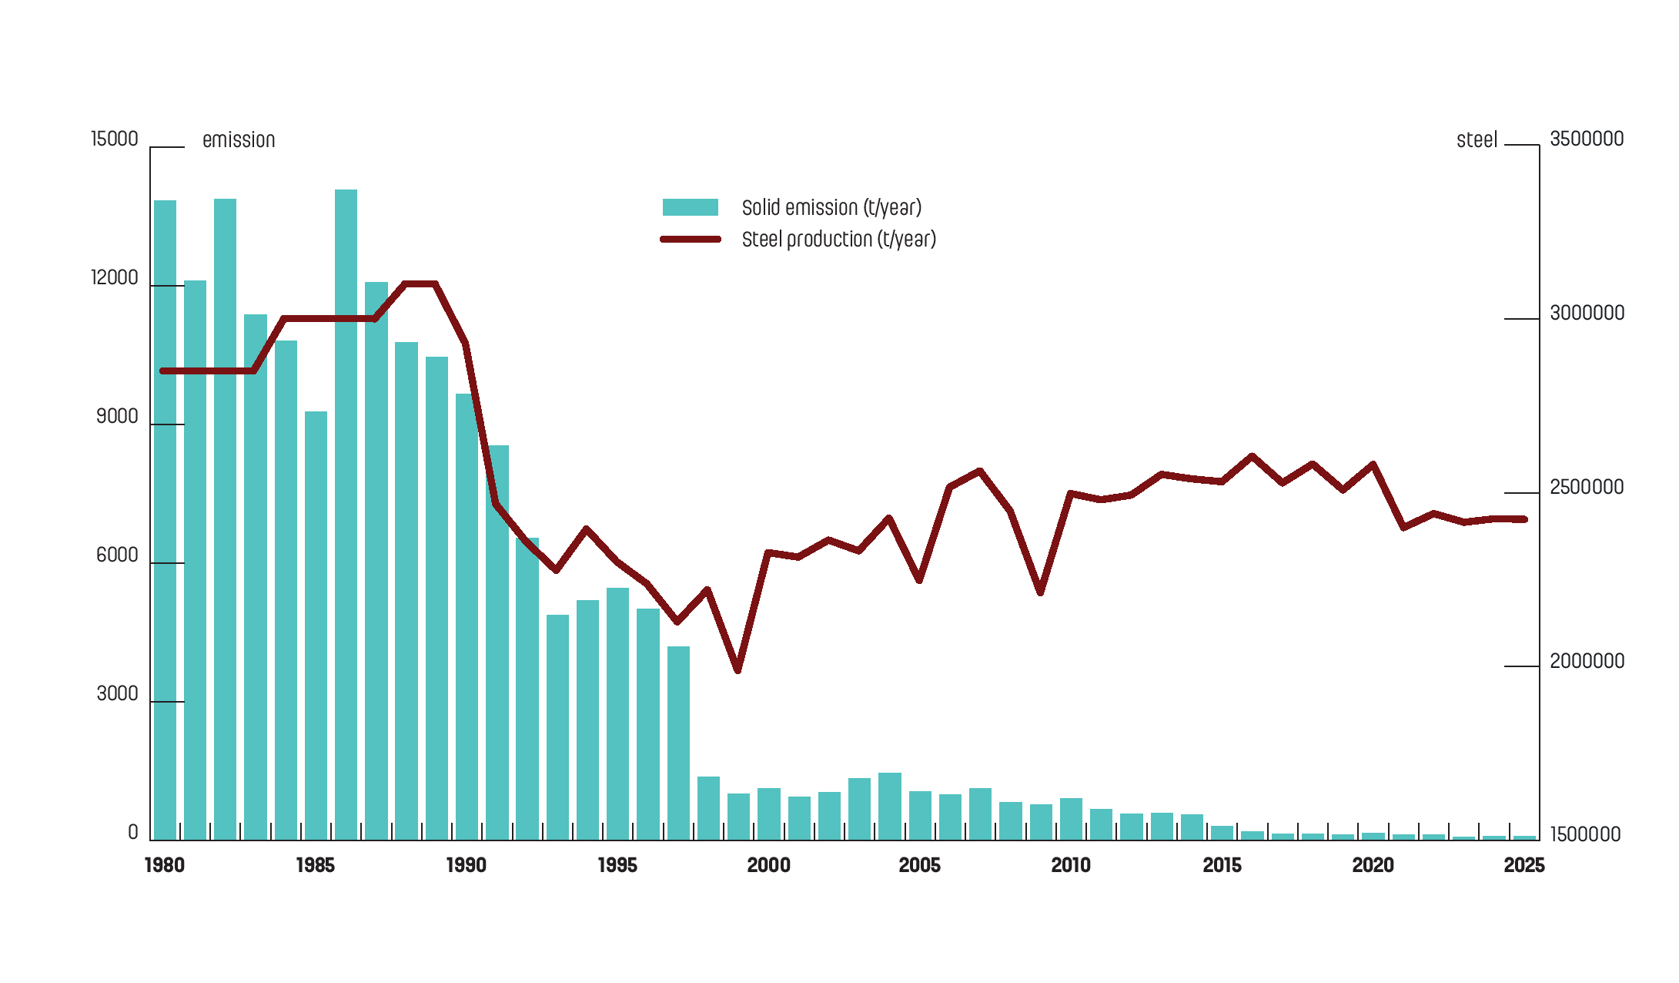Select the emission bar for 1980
point(165,520)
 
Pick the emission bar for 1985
point(316,626)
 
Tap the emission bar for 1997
point(678,743)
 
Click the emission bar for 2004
point(890,806)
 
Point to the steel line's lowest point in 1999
point(738,670)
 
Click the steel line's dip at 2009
point(1041,592)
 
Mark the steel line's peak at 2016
point(1253,456)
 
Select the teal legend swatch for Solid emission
point(690,207)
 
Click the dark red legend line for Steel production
point(690,240)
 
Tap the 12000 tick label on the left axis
point(115,278)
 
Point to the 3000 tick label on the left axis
point(117,694)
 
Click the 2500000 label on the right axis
point(1587,488)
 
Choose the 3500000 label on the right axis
point(1587,139)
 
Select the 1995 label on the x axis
point(617,866)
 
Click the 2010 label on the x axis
point(1071,866)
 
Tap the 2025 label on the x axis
point(1523,866)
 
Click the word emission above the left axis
point(239,140)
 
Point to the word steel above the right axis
point(1477,140)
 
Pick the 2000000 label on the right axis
point(1587,662)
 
